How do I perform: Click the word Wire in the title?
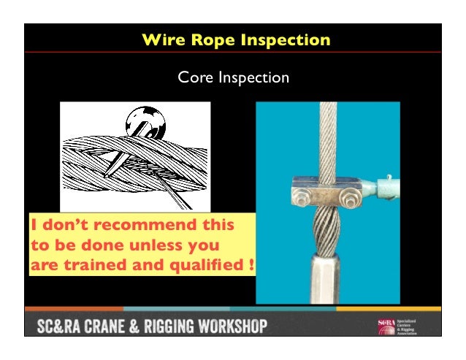(164, 39)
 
